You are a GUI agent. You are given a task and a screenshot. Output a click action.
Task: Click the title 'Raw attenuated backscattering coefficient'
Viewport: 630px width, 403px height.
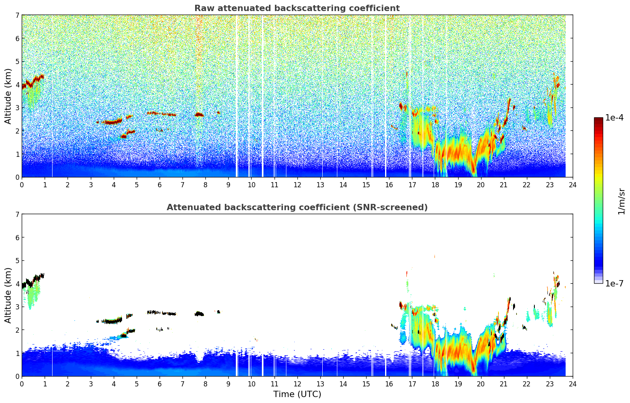pos(297,8)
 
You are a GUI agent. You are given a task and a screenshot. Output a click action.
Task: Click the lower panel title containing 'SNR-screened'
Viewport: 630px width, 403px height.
pos(297,207)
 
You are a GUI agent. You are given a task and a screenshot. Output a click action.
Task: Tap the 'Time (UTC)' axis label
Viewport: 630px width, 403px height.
pos(297,394)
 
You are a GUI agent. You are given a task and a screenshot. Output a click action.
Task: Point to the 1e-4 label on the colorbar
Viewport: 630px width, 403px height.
pos(614,117)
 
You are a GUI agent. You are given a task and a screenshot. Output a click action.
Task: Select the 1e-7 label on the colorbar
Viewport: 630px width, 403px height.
pos(614,283)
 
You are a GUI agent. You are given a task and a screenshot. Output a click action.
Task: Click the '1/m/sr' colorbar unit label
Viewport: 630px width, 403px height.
pos(621,201)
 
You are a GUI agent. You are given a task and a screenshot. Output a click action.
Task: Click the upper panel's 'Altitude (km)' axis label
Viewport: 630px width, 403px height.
pos(8,96)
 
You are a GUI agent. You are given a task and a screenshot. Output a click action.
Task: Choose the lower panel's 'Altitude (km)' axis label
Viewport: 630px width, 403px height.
pos(8,295)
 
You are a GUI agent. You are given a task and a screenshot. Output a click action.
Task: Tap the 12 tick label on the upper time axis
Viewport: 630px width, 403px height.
pos(297,185)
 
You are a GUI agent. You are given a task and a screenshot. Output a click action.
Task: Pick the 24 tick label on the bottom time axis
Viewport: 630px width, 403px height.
pos(572,384)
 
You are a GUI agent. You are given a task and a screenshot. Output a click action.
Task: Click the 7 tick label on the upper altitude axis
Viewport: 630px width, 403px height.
pos(17,15)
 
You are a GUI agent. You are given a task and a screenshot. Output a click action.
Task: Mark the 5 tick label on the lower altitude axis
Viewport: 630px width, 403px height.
pos(17,260)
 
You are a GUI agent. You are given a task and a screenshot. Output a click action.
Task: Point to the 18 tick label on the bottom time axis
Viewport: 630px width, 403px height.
pos(435,384)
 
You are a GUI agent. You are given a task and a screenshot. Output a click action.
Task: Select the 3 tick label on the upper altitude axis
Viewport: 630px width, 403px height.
pos(17,107)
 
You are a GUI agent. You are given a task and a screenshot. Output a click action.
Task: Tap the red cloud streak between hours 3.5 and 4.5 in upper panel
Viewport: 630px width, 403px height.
pos(113,122)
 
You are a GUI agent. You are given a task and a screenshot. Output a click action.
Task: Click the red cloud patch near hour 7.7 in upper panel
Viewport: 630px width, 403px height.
pos(199,115)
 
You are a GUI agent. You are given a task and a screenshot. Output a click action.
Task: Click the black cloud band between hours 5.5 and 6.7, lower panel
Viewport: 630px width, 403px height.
pos(162,313)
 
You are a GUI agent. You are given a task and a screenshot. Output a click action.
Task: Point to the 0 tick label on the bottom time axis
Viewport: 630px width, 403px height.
pos(22,384)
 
